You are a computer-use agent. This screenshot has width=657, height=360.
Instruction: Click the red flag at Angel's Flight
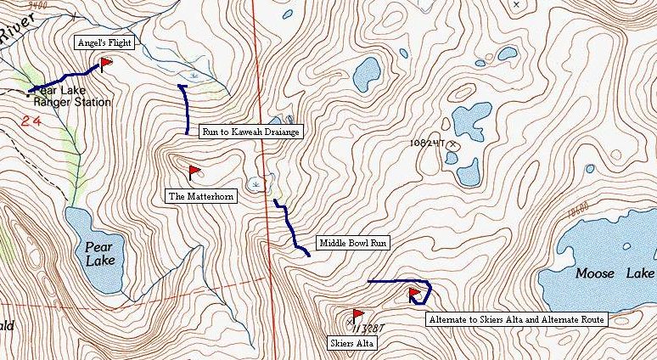click(x=106, y=63)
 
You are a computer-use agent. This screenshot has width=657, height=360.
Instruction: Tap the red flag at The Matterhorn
click(x=194, y=172)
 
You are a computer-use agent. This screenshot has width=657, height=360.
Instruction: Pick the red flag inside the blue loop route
click(x=415, y=294)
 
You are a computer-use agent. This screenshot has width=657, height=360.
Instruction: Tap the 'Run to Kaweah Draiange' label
click(x=250, y=132)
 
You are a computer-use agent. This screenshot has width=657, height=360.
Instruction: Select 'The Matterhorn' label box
click(x=200, y=195)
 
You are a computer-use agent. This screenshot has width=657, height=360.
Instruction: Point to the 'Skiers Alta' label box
click(x=351, y=343)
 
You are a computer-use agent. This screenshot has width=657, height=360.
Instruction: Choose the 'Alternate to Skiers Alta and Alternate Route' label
click(x=515, y=319)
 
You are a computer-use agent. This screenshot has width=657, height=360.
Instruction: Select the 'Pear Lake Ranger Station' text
click(x=72, y=96)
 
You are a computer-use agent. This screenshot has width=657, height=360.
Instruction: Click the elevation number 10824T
click(x=426, y=144)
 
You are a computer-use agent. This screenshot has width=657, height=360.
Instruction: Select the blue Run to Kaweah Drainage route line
click(x=187, y=110)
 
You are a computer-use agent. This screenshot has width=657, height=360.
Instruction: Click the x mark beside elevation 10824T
click(x=453, y=145)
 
